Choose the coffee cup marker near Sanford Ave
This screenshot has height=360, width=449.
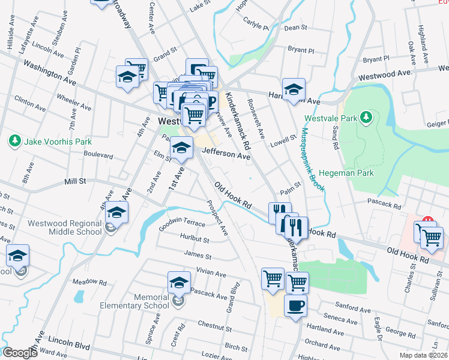(x=295, y=306)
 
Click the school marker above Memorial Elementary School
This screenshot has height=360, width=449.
(x=179, y=282)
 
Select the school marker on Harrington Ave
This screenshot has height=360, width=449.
(x=294, y=90)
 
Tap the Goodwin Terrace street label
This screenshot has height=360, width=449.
(x=182, y=224)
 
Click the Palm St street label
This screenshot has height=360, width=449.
(x=289, y=188)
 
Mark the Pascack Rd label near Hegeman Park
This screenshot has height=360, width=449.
(x=384, y=204)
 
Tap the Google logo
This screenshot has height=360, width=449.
(x=20, y=353)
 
